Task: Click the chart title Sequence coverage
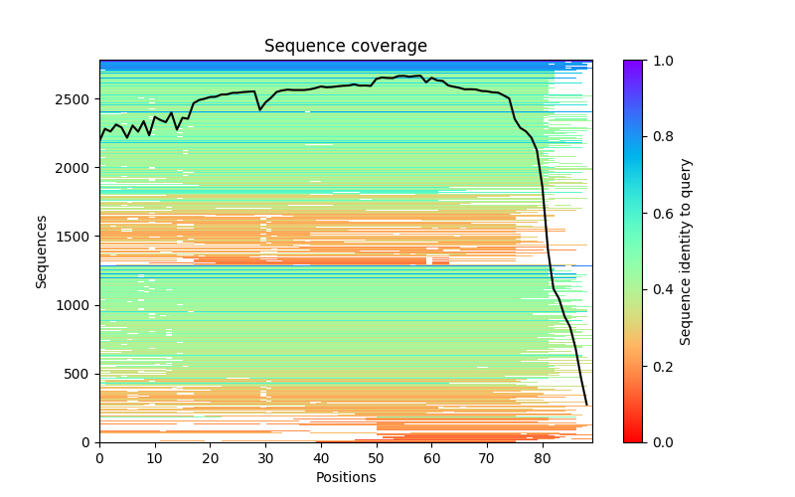346,47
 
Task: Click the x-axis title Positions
346,477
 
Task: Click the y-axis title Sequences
42,250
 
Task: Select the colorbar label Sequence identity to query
686,250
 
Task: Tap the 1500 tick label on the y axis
78,237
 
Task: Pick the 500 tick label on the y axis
81,374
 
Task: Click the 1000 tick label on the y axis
78,305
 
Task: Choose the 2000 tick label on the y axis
78,168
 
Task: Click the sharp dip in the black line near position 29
260,109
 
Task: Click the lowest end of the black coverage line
586,405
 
